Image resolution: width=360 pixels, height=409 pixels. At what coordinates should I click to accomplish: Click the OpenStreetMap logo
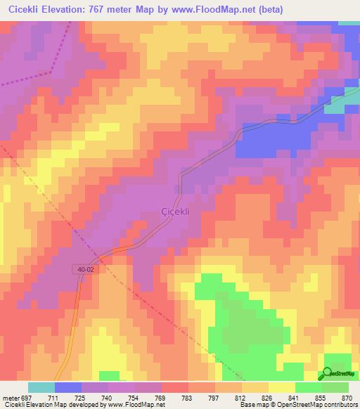[x=340, y=372]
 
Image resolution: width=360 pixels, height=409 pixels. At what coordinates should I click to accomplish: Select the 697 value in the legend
[x=27, y=398]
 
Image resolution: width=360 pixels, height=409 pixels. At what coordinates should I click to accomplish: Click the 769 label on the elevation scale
[x=161, y=398]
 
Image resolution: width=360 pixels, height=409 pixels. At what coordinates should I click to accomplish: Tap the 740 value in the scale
[x=107, y=398]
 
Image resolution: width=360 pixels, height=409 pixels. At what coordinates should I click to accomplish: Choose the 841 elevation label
[x=295, y=398]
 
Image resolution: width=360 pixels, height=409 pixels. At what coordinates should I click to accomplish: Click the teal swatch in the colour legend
[x=41, y=387]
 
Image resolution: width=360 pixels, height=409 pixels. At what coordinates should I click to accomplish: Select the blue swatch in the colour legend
[x=68, y=387]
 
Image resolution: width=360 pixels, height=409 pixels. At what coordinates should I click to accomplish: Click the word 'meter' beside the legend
[x=9, y=398]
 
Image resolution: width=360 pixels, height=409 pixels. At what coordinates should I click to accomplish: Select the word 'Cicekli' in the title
[x=22, y=10]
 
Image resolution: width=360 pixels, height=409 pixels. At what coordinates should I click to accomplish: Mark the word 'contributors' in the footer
[x=340, y=405]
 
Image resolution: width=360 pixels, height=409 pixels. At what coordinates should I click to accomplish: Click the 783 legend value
[x=188, y=398]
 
